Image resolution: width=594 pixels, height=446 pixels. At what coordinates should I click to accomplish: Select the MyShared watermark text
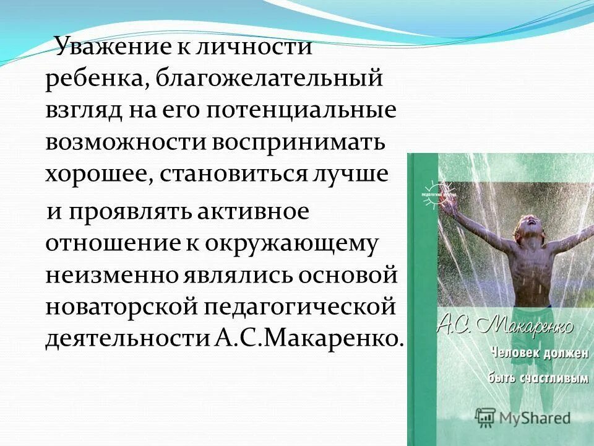[535, 418]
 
